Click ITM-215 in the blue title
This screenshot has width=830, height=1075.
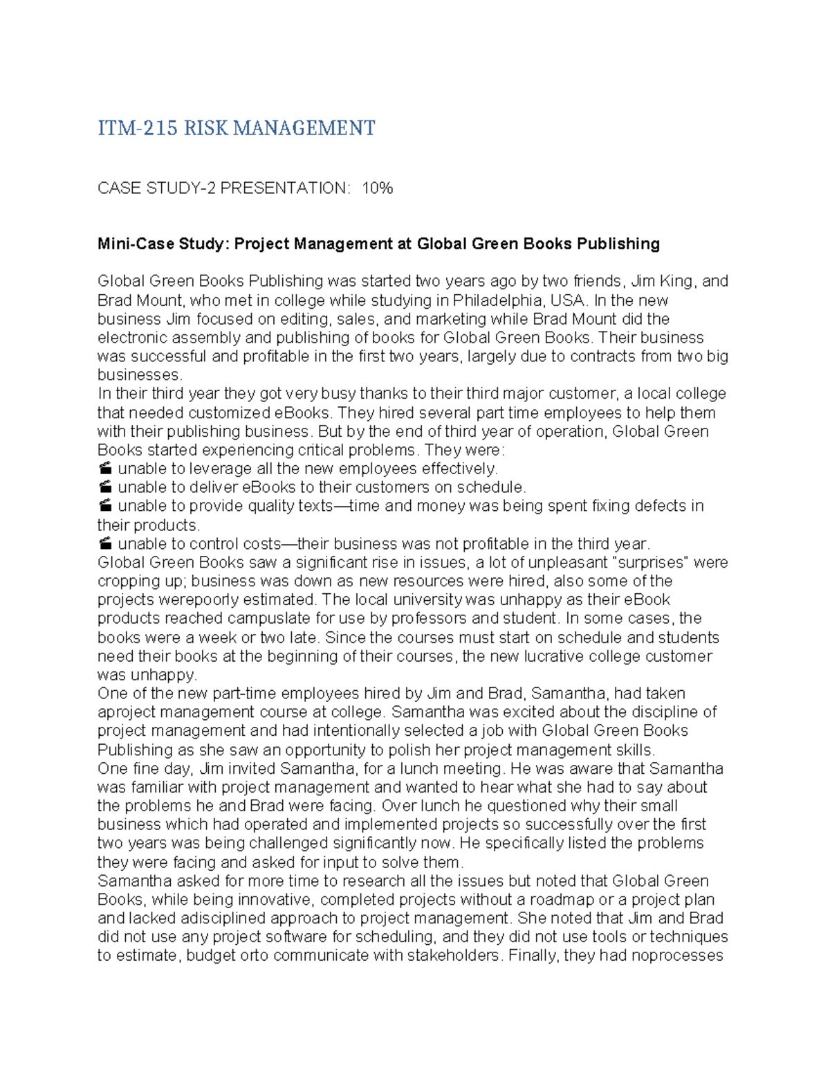pyautogui.click(x=137, y=129)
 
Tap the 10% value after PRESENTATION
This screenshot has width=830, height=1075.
pyautogui.click(x=377, y=188)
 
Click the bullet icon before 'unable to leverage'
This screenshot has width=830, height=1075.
pyautogui.click(x=105, y=469)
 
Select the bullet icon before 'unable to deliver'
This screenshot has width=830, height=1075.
pyautogui.click(x=105, y=488)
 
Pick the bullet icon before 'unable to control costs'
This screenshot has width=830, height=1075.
pyautogui.click(x=105, y=544)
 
